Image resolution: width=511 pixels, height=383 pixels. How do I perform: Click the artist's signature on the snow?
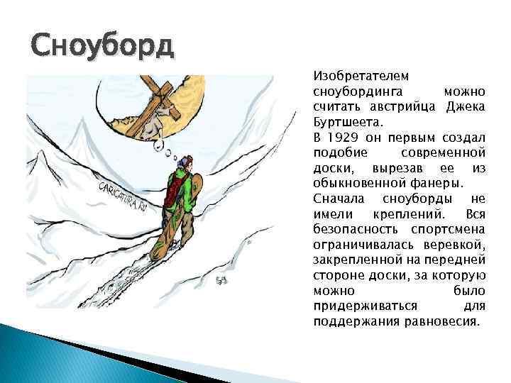[x=221, y=282]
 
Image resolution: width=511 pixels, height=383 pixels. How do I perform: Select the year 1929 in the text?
[x=342, y=135]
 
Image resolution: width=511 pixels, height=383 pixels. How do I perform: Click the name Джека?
[x=466, y=106]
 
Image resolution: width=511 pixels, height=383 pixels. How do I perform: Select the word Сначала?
[x=337, y=199]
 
